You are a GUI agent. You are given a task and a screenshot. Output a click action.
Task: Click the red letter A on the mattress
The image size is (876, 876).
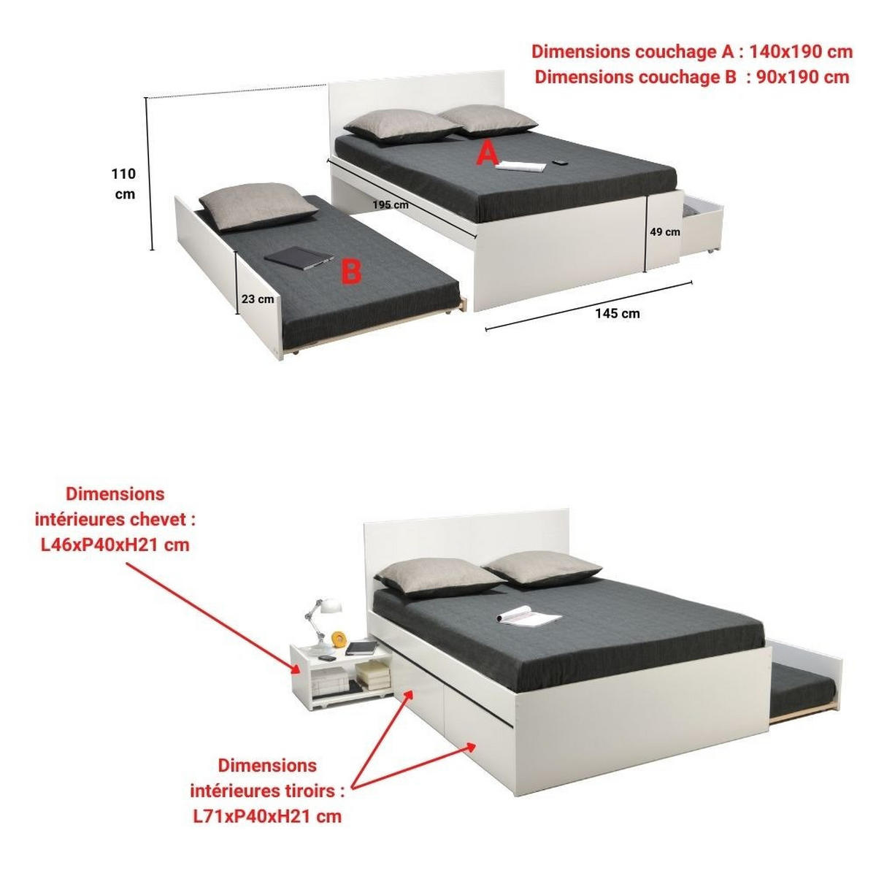(488, 154)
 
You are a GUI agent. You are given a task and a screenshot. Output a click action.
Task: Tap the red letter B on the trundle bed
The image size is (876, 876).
(351, 272)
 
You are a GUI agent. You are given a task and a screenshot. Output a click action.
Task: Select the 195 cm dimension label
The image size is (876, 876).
(391, 204)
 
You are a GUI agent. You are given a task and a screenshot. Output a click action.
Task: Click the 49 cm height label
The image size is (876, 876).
(665, 232)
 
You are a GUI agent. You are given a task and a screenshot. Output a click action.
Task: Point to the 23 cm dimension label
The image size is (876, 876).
(258, 299)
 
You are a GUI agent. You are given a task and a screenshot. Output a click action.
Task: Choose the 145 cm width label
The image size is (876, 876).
(617, 313)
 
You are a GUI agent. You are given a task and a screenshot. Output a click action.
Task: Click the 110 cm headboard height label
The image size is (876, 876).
(124, 184)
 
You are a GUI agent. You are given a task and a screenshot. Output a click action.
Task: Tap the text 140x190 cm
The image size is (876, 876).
(801, 52)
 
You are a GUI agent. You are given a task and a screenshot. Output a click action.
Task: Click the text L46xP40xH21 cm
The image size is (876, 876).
(115, 545)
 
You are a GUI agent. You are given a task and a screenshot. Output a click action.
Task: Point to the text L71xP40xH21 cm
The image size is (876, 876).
(267, 816)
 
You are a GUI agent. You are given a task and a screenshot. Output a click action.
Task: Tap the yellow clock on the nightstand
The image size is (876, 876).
(339, 639)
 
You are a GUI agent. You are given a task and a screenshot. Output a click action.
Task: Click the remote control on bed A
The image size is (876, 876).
(561, 162)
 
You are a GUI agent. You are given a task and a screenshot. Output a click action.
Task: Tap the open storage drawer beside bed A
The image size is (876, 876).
(702, 223)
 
